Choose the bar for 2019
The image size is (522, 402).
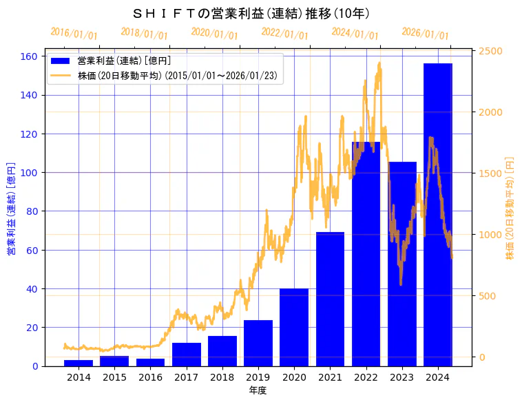tap(258, 343)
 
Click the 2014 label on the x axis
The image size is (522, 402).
tap(79, 377)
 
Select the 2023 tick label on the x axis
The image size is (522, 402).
tap(401, 377)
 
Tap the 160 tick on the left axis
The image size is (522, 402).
tap(31, 56)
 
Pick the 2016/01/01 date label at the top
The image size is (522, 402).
tap(74, 34)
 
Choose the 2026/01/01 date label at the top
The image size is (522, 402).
tap(425, 34)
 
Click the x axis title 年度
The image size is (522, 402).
tap(258, 390)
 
